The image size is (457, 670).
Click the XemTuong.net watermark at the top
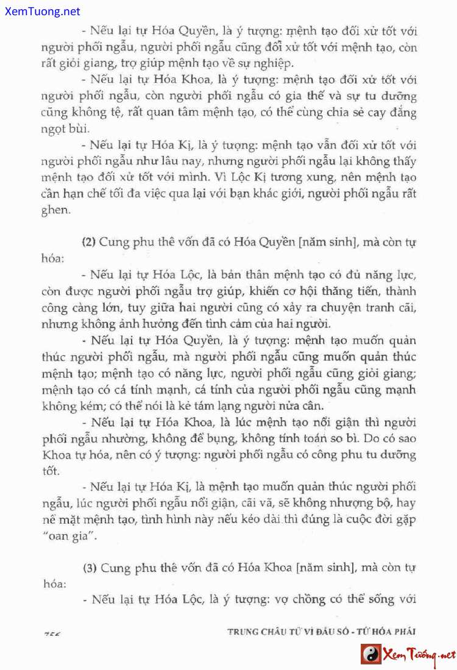(x=40, y=11)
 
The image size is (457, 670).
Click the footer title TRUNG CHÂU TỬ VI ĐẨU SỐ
(x=287, y=631)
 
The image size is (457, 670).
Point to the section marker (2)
(x=89, y=242)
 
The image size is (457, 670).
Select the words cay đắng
(x=392, y=113)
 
